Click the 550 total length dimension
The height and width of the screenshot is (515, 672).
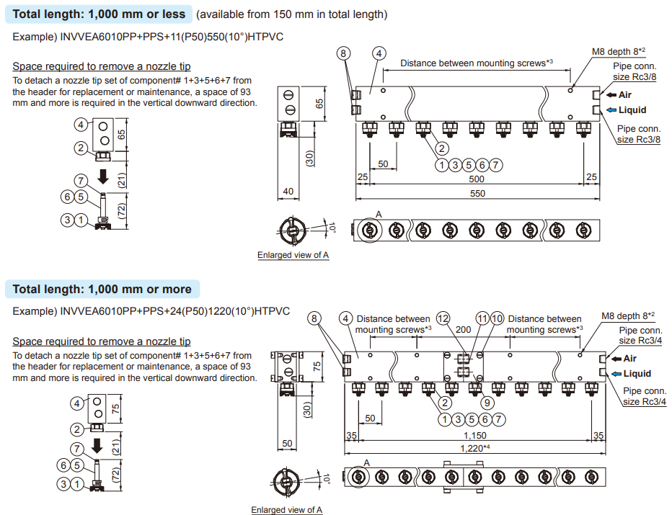(477, 193)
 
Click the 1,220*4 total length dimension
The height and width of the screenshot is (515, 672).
(477, 448)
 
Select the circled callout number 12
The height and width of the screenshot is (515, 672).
(443, 318)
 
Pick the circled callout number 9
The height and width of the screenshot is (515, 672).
(487, 403)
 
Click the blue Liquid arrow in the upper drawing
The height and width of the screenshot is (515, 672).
(611, 110)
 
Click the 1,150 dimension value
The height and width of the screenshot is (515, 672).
(475, 435)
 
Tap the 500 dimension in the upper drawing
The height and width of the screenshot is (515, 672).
(476, 179)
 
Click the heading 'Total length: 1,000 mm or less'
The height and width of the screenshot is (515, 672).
(100, 14)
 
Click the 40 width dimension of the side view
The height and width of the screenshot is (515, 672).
(288, 192)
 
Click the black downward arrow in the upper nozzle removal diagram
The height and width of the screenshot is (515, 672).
(104, 176)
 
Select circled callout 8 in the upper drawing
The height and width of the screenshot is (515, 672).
(344, 53)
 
